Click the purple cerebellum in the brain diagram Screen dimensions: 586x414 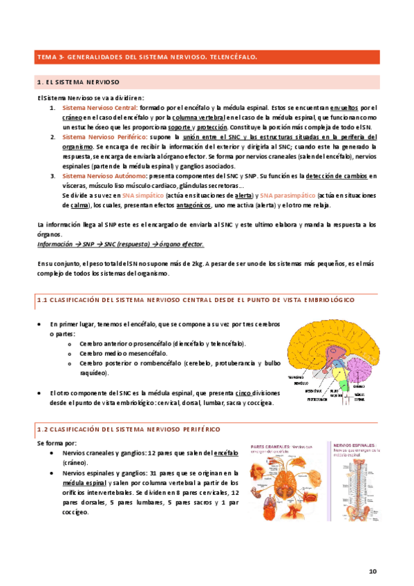point(359,371)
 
